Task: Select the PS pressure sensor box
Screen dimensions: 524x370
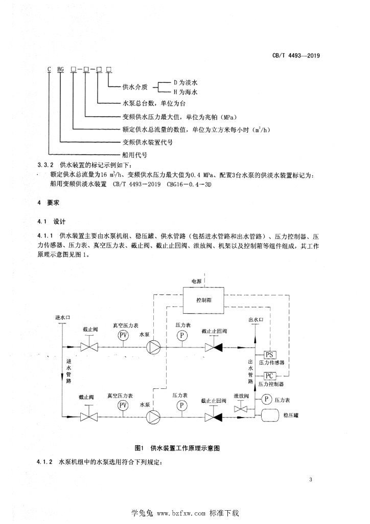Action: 269,355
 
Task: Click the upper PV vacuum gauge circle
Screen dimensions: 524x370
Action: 123,335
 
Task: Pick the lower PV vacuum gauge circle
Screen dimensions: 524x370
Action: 123,405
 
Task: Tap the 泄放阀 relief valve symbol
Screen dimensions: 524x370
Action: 241,409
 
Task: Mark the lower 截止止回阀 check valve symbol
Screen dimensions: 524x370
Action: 212,418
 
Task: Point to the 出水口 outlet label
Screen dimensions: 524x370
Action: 255,320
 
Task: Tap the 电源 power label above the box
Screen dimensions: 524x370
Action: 196,281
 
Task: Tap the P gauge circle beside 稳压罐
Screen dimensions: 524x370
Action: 266,399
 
